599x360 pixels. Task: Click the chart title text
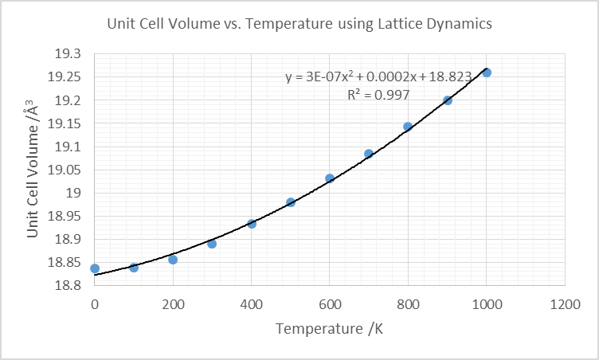click(x=299, y=24)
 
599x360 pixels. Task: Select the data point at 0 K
click(x=95, y=268)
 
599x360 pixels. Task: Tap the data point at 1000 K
click(x=487, y=72)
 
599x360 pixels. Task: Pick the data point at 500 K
click(x=291, y=202)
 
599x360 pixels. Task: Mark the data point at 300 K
click(x=212, y=244)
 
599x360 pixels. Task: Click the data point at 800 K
click(x=408, y=127)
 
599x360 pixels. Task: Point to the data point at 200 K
click(x=173, y=260)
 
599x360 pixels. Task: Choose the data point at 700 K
click(x=369, y=154)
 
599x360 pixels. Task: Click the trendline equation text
click(x=378, y=76)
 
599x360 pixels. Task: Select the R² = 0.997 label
click(x=378, y=95)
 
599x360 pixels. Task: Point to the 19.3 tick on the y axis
click(x=68, y=53)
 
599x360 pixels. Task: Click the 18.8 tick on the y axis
click(x=68, y=286)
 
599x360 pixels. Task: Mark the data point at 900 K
click(x=448, y=100)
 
